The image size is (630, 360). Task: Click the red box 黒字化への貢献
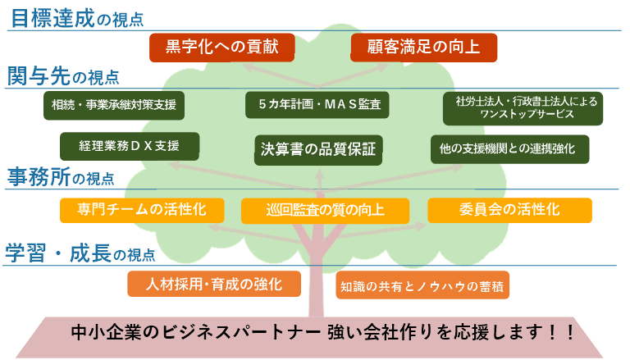[221, 48]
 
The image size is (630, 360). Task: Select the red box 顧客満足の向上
[423, 48]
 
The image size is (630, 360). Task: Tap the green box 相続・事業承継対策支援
[114, 105]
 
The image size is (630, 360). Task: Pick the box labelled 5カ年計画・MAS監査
[317, 105]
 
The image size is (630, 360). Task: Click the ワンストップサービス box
[523, 108]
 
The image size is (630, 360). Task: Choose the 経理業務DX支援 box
[130, 146]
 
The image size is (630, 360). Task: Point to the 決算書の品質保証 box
[318, 150]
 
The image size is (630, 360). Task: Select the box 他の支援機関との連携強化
[509, 149]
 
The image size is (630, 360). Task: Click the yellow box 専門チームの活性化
[142, 210]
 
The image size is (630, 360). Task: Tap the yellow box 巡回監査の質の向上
[325, 211]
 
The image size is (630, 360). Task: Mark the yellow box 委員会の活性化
[509, 210]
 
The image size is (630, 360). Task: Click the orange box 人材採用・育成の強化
[214, 284]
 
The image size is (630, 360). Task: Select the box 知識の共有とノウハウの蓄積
[422, 285]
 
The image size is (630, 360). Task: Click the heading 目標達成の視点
[77, 19]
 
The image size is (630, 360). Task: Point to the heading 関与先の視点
[63, 76]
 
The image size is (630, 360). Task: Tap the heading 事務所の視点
[61, 177]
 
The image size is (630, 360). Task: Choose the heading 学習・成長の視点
[80, 253]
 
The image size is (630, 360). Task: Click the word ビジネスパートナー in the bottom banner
[241, 332]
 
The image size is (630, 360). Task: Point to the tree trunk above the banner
[316, 290]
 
